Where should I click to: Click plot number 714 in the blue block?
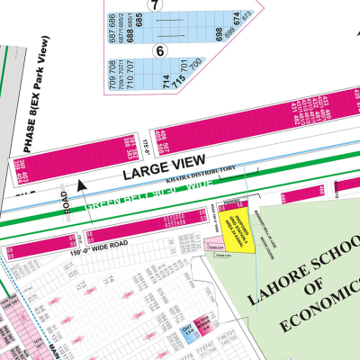166,82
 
